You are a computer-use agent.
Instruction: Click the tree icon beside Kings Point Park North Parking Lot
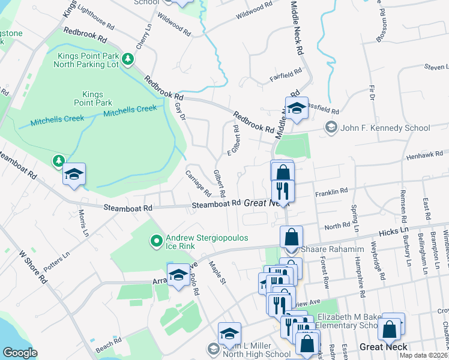[x=127, y=59]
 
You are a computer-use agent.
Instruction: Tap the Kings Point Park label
[x=92, y=98]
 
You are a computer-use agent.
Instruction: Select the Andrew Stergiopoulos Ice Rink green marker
[x=157, y=241]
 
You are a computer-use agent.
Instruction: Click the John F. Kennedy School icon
[x=330, y=127]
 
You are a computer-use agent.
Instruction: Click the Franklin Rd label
[x=331, y=191]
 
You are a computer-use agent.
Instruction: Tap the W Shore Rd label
[x=32, y=267]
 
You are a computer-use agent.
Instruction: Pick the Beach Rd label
[x=109, y=343]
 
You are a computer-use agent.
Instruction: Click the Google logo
[x=20, y=353]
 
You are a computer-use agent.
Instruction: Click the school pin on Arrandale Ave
[x=178, y=274]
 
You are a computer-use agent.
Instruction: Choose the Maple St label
[x=217, y=272]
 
